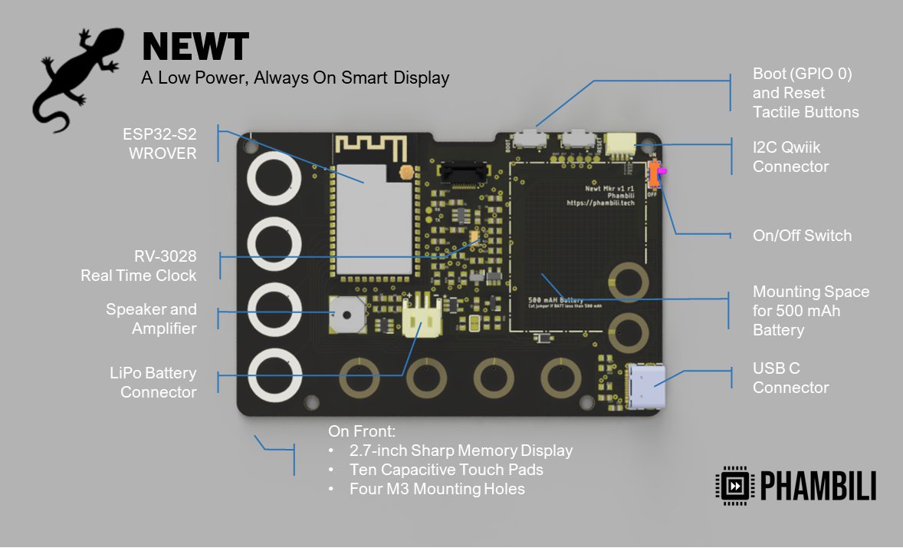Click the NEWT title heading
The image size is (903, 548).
(x=195, y=47)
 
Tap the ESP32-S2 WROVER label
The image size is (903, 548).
(x=159, y=144)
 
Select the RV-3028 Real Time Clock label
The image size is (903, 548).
(x=139, y=266)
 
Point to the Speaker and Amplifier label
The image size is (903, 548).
(x=151, y=319)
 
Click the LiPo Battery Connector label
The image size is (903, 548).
(x=153, y=382)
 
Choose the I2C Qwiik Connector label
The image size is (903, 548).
(x=790, y=157)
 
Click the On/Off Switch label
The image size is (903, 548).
(x=802, y=236)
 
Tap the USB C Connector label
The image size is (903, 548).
(x=790, y=378)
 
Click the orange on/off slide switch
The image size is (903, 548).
(x=654, y=176)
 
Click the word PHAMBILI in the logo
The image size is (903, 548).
(x=818, y=486)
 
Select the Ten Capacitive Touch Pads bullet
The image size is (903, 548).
(x=446, y=470)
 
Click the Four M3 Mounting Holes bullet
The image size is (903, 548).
(x=437, y=489)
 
